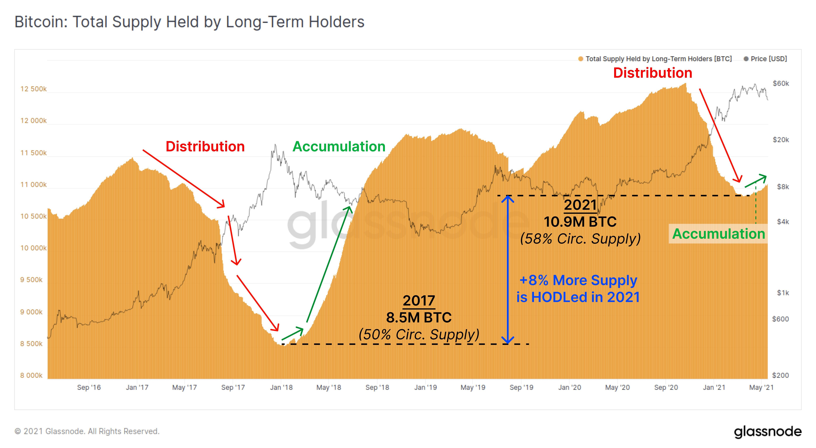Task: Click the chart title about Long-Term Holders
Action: click(189, 22)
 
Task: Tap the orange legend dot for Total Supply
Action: click(581, 59)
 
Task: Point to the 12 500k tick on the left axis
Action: click(33, 89)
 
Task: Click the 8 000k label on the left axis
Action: click(31, 376)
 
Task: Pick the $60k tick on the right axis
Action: click(781, 84)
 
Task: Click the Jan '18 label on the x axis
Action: click(281, 387)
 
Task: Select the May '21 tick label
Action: click(761, 387)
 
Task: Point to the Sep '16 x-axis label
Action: click(89, 387)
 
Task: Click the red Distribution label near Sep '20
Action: click(653, 73)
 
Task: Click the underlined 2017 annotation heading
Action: click(419, 300)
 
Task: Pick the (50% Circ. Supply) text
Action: click(419, 334)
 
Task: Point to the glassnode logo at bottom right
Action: click(768, 432)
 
